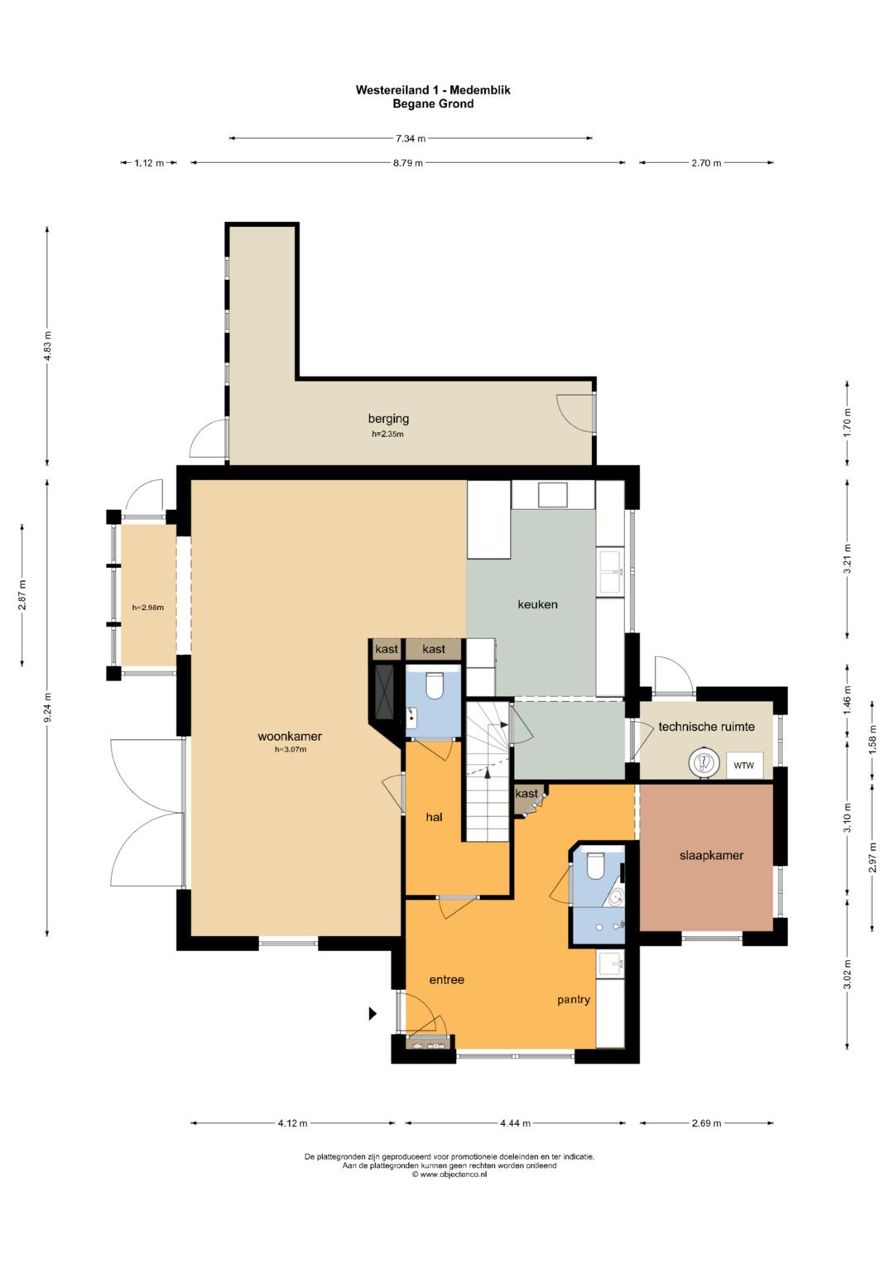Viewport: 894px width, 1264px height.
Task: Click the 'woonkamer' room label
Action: [290, 737]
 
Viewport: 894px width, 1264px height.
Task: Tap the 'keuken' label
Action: [537, 604]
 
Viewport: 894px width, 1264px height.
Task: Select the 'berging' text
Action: [388, 420]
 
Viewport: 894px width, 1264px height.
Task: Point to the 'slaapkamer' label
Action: [711, 855]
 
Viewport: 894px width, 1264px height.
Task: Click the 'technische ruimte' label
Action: [706, 727]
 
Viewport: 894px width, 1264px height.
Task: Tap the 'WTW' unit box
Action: [744, 765]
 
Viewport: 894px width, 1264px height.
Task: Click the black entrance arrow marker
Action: [372, 1013]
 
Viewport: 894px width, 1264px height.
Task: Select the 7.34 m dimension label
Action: [411, 138]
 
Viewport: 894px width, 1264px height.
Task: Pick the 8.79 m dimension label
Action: [407, 163]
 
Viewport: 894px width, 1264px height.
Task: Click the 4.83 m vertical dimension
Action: [47, 347]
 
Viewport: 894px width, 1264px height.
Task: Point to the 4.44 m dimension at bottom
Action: [515, 1123]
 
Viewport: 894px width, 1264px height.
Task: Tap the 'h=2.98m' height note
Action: [148, 608]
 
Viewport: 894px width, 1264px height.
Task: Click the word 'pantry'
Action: [574, 1000]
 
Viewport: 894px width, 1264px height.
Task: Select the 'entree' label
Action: [446, 980]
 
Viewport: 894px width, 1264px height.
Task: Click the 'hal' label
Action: [434, 817]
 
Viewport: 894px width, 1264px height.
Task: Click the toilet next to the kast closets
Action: [435, 686]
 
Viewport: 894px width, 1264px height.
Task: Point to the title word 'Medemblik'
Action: [480, 89]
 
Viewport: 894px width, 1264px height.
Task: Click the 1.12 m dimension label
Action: [148, 163]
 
